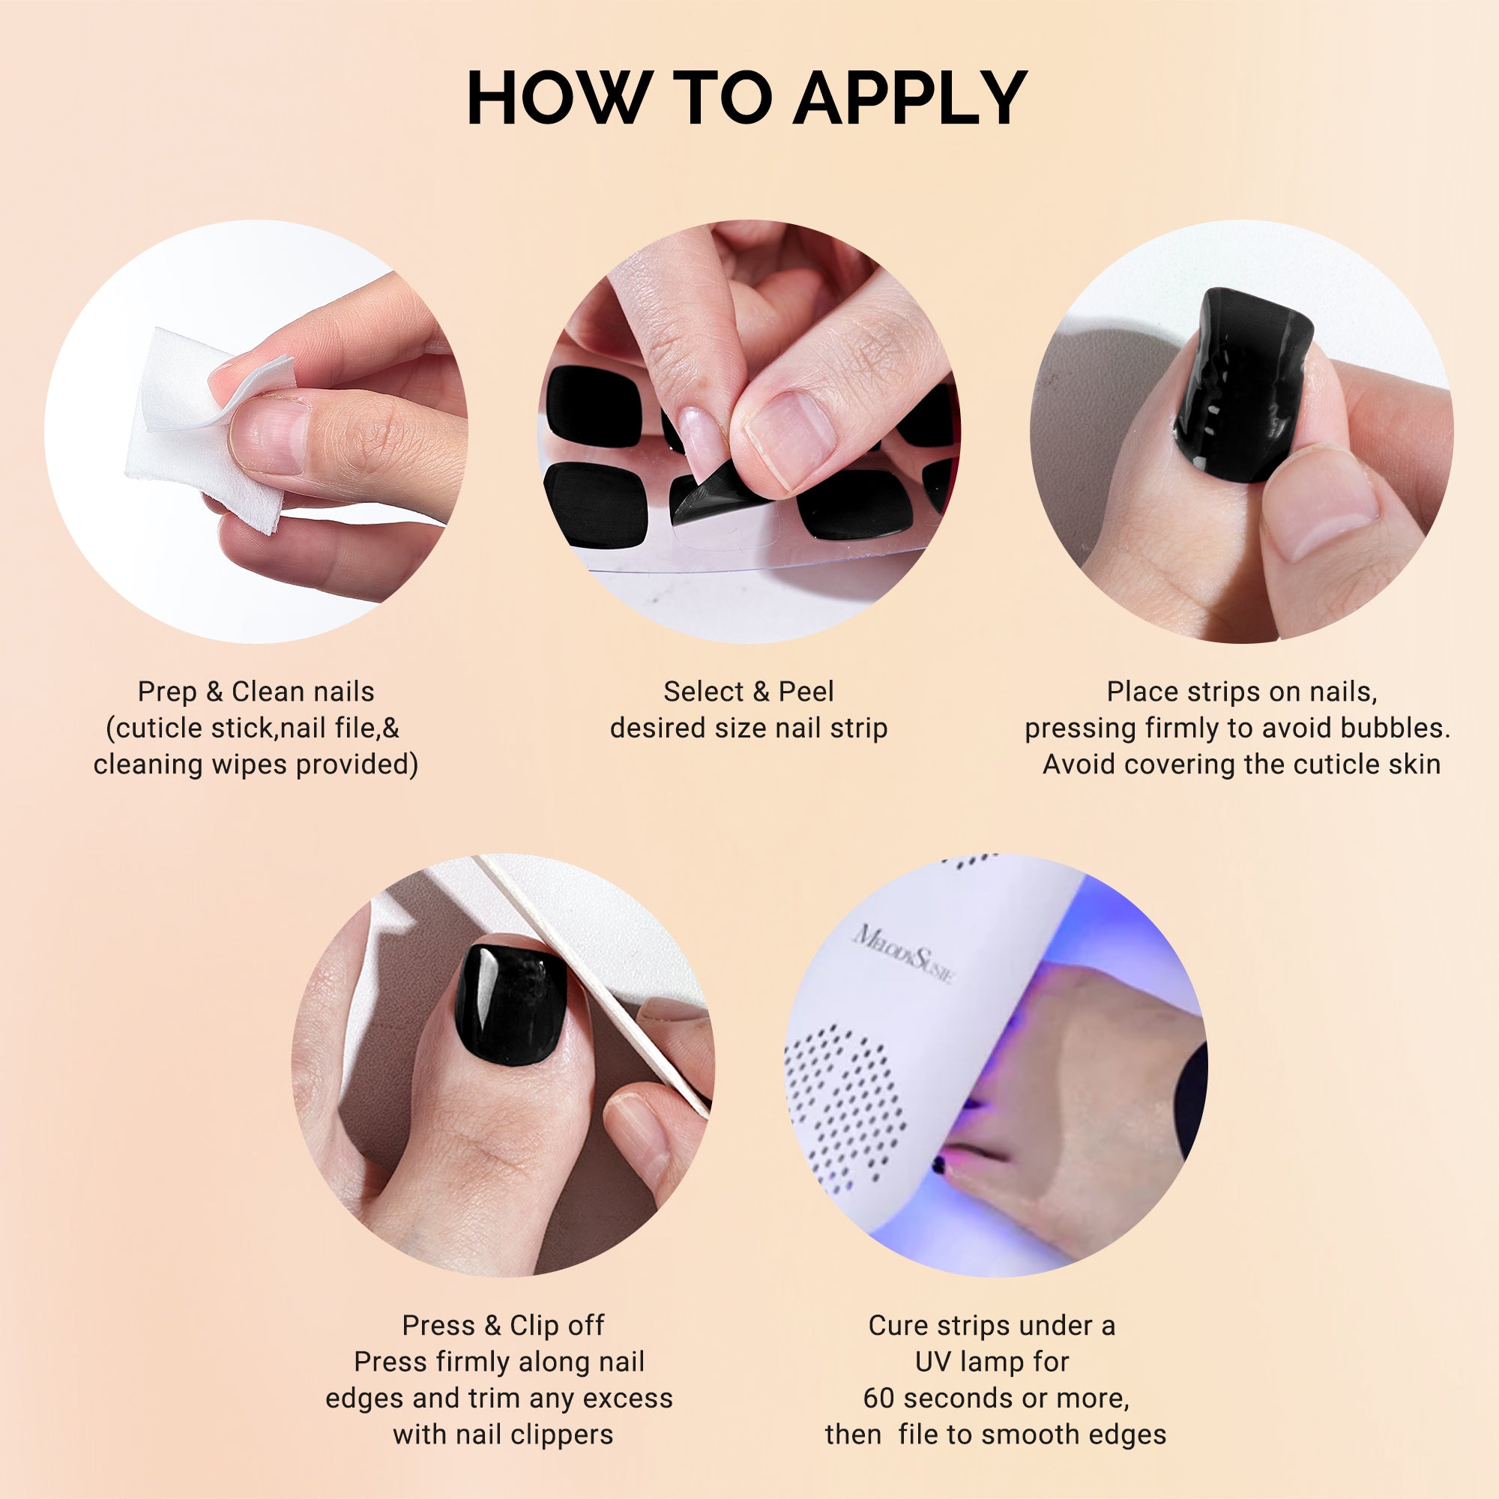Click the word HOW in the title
557,98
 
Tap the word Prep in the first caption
167,691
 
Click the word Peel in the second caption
806,691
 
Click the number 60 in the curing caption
879,1398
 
